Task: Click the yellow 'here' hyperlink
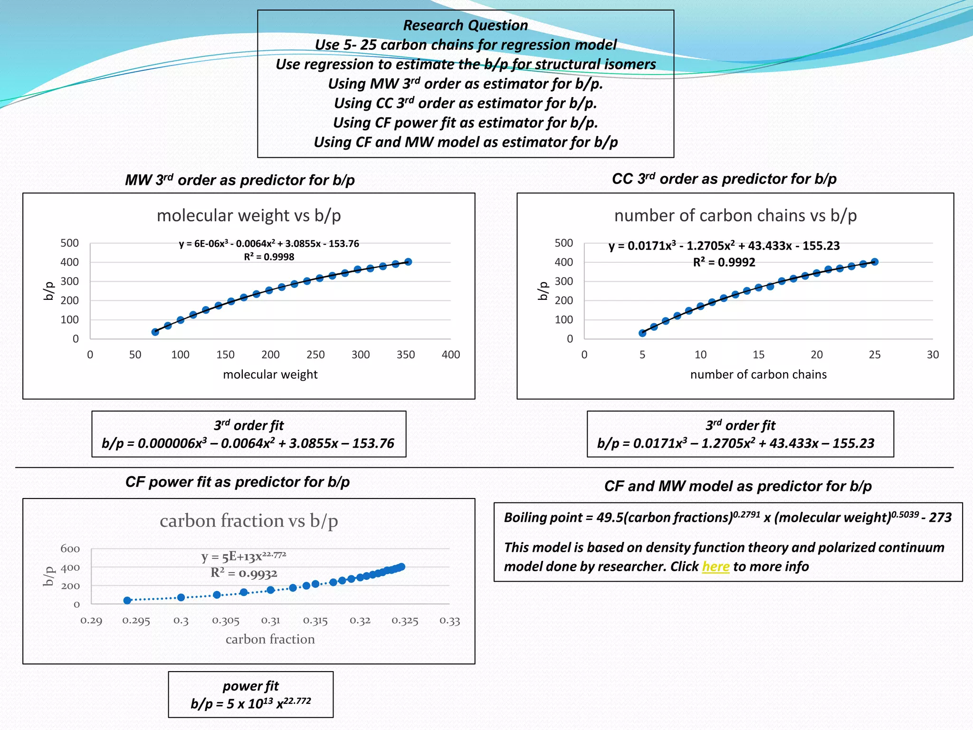(715, 567)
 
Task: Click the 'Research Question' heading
(465, 25)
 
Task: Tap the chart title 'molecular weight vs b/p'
(248, 216)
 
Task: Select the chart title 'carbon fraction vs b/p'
(248, 521)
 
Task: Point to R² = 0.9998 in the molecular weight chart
(269, 257)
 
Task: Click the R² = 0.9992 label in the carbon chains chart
(724, 262)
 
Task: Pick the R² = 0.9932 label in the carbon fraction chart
(244, 573)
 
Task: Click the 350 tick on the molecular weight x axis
(406, 355)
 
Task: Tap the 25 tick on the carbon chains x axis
(875, 355)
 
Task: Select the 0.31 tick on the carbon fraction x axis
(270, 621)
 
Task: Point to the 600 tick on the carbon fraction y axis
(70, 549)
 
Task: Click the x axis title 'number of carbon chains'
(758, 375)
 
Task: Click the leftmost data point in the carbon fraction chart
(127, 601)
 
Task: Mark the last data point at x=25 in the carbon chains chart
(875, 262)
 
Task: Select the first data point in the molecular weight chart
(155, 332)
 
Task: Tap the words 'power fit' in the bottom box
(250, 686)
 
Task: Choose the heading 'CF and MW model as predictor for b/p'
(738, 486)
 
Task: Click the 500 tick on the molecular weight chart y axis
(69, 243)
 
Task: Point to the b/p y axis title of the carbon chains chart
(542, 291)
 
